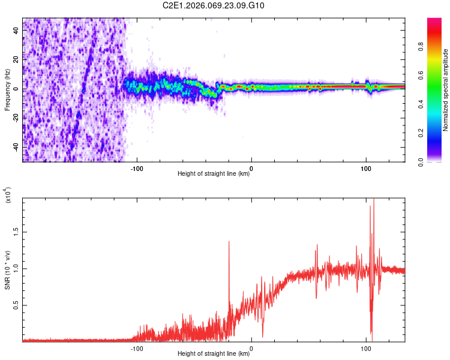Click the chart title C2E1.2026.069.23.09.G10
tap(214, 5)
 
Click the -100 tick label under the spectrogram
tap(137, 167)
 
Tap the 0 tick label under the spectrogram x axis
tap(251, 167)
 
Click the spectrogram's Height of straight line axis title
tap(214, 175)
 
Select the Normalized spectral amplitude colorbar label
tap(446, 90)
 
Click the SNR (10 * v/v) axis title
tap(7, 270)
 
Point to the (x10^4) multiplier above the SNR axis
tap(7, 196)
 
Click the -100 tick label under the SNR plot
tap(137, 347)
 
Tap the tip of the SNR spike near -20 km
tap(229, 241)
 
